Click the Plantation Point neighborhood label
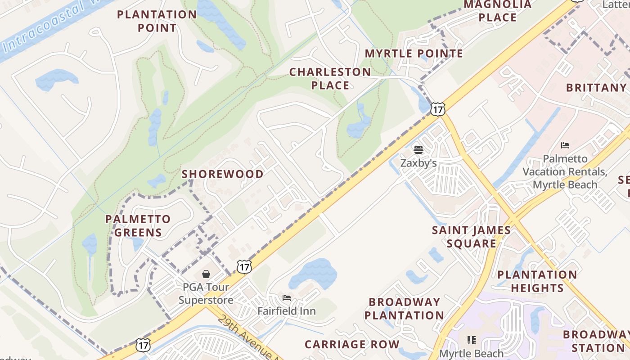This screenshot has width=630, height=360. point(157,21)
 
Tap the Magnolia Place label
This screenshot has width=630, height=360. point(498,11)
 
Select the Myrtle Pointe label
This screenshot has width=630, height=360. point(414,54)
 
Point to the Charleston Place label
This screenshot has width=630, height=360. point(330,79)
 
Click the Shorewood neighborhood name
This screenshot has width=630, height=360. point(223,174)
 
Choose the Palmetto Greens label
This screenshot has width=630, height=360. point(138,226)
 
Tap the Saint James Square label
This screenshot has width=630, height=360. point(471,237)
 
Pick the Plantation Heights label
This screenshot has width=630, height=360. point(537,281)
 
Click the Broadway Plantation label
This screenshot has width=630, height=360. point(404,309)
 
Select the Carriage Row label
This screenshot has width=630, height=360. point(352,345)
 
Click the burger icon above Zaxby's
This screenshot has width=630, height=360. point(418,149)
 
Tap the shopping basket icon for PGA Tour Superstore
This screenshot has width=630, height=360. point(206,274)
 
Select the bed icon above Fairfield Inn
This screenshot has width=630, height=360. point(287,298)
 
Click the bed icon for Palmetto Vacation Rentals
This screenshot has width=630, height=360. point(565,145)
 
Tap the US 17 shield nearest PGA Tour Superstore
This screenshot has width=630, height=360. point(244,267)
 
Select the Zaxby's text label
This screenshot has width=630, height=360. point(418,163)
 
